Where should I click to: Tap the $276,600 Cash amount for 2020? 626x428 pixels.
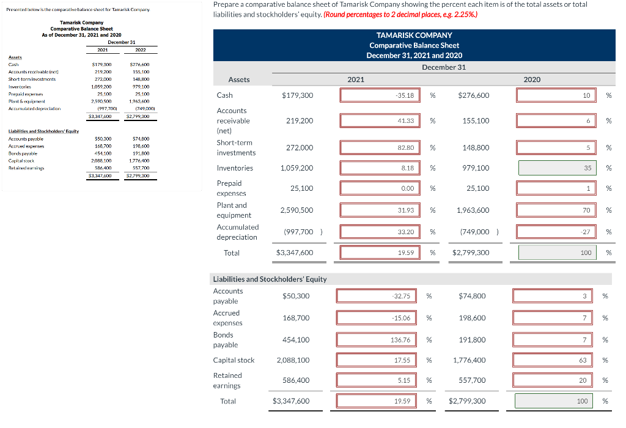tap(474, 95)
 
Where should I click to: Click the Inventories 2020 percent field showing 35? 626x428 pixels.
tap(556, 168)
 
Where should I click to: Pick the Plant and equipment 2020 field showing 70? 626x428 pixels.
tap(556, 210)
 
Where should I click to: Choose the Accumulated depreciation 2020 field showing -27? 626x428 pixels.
tap(556, 232)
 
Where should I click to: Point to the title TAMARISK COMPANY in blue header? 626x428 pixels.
tap(414, 35)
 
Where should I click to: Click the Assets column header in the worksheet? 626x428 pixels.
tap(238, 79)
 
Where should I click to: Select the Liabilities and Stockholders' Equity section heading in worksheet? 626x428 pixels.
tap(269, 279)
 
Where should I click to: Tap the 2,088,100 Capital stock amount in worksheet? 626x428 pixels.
tap(293, 360)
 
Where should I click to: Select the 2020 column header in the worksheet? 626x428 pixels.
tap(532, 79)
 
